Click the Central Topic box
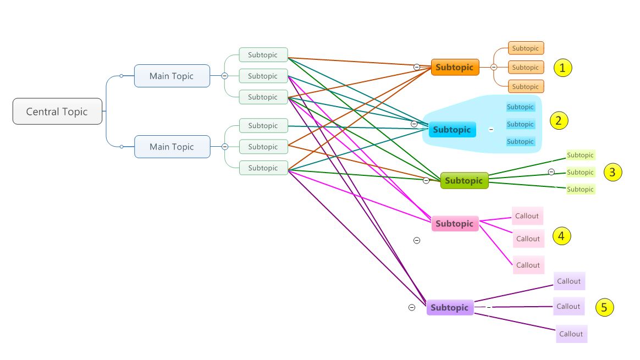coord(57,112)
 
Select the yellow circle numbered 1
coord(562,68)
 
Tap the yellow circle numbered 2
coord(559,120)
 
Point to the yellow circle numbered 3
coord(613,172)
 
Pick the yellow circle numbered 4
coord(561,236)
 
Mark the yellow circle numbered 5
coord(604,308)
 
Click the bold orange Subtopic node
coord(455,67)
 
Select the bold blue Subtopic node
coord(452,130)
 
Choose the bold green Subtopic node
coord(464,180)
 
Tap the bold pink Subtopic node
coord(455,224)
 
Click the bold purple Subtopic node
coord(450,307)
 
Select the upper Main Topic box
coord(172,76)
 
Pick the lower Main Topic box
coord(172,147)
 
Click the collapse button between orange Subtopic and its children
coord(494,67)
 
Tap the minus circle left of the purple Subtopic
coord(412,307)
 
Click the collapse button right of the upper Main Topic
coord(224,76)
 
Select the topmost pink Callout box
coord(527,216)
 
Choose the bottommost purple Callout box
coord(571,334)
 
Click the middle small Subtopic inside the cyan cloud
coord(520,124)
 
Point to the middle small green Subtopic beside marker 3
coord(580,172)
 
